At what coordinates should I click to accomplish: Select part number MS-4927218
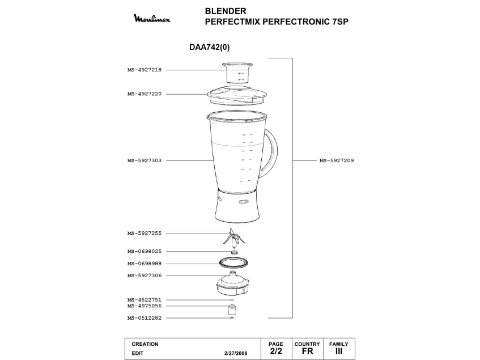tap(145, 70)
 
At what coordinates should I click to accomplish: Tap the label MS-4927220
tap(145, 94)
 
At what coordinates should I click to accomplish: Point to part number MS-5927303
tap(145, 160)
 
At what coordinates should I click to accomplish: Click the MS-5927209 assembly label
tap(337, 160)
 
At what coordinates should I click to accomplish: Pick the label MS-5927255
tap(145, 233)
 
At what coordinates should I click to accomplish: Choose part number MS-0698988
tap(145, 264)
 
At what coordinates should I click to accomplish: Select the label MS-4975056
tap(145, 306)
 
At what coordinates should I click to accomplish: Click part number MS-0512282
tap(145, 317)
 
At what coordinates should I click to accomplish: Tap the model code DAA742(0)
tap(210, 48)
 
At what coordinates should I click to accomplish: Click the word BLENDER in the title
tap(226, 11)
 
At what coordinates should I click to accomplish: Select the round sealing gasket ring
tap(233, 263)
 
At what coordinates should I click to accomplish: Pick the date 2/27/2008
tap(236, 353)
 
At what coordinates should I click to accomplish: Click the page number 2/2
tap(276, 351)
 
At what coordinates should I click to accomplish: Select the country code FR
tap(307, 351)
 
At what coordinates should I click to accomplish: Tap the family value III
tap(339, 351)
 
